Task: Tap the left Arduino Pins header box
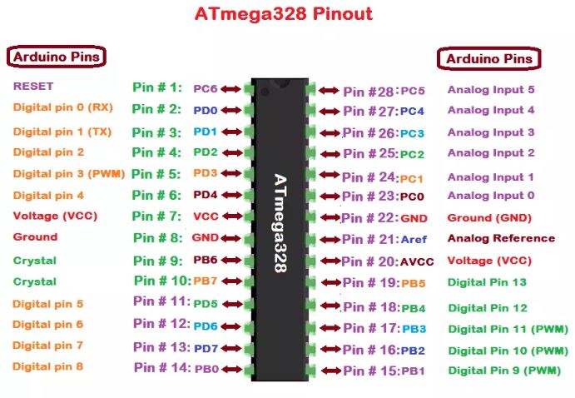(x=57, y=57)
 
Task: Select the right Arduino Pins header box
(x=488, y=59)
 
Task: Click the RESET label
(x=33, y=86)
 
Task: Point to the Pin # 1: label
(x=156, y=87)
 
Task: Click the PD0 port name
(x=205, y=110)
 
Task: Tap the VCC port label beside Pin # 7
(x=206, y=216)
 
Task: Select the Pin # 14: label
(x=160, y=367)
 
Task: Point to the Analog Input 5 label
(x=491, y=89)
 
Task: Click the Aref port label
(x=414, y=240)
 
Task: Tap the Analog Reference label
(x=501, y=238)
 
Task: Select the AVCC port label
(x=416, y=261)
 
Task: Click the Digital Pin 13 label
(x=487, y=282)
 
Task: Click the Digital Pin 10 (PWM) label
(x=508, y=351)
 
